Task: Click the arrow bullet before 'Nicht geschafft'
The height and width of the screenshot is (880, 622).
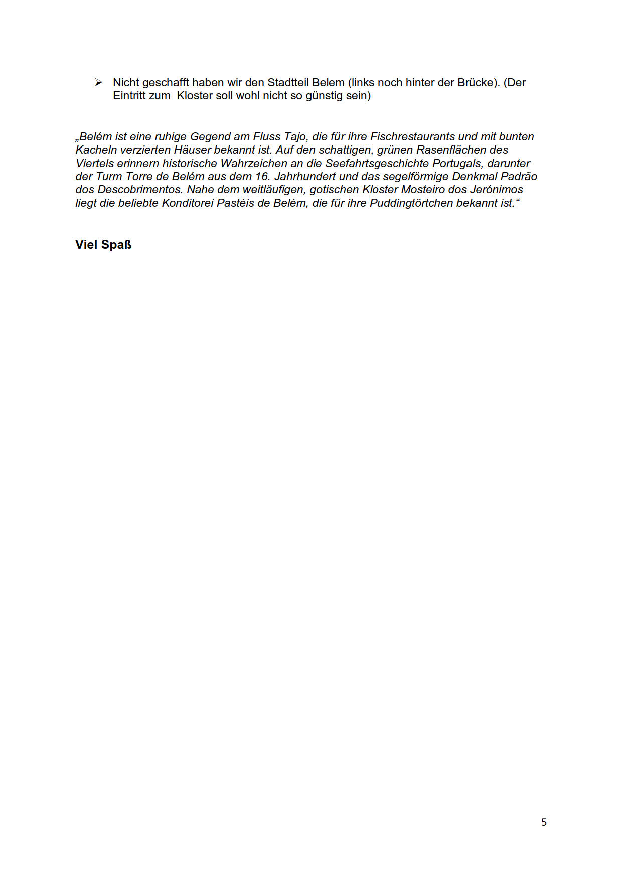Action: tap(98, 82)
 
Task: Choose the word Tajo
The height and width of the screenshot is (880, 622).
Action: tap(295, 137)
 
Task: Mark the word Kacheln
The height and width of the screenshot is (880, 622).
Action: tap(96, 150)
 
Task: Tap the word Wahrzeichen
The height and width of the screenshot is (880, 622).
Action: tap(253, 164)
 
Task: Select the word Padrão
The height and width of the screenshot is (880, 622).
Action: tap(519, 177)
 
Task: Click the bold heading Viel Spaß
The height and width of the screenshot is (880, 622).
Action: tap(103, 245)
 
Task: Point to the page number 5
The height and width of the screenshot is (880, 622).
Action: tap(544, 822)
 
